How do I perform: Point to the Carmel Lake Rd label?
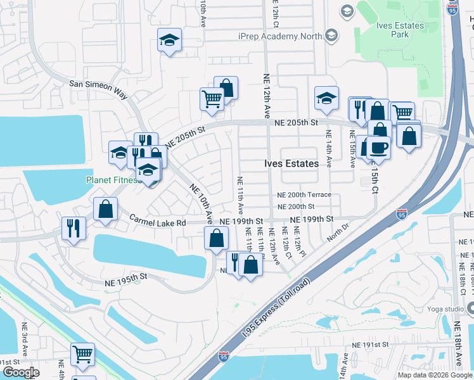click(158, 222)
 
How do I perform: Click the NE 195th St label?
click(125, 277)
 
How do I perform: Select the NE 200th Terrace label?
click(304, 196)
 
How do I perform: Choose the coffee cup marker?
click(379, 147)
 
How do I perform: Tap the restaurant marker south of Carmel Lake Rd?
click(74, 227)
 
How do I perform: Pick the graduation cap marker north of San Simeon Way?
click(169, 41)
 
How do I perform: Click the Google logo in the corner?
click(21, 372)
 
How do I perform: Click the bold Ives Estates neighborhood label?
click(291, 163)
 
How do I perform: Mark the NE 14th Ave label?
click(329, 149)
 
